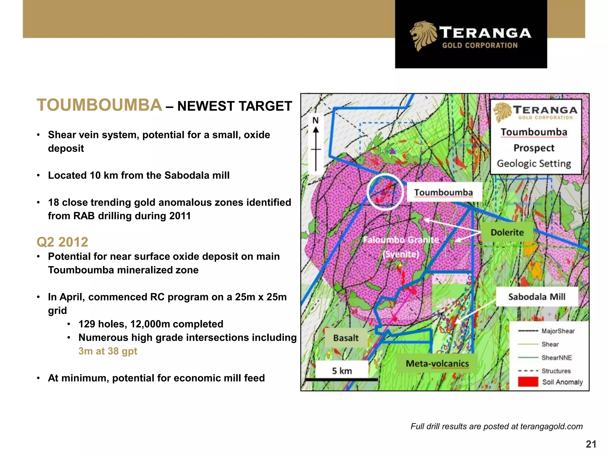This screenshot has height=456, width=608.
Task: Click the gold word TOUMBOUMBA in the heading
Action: (99, 105)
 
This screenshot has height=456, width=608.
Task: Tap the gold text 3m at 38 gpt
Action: (107, 351)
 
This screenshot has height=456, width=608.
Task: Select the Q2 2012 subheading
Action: (62, 242)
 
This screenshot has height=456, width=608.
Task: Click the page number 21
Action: (591, 444)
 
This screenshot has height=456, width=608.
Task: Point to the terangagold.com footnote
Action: (496, 427)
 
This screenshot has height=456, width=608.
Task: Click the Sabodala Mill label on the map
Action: (536, 297)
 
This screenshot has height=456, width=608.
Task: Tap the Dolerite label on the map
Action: (507, 232)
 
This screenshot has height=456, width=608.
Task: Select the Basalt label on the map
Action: (346, 338)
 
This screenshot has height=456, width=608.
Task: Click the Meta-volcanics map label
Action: (437, 363)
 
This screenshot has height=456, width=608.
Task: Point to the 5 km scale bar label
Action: (342, 371)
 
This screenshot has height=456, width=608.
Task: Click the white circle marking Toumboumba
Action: (385, 192)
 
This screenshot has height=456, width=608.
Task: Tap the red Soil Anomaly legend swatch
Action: (528, 382)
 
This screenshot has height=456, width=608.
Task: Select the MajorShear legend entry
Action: (558, 331)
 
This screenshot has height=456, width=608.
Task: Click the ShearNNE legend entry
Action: (556, 358)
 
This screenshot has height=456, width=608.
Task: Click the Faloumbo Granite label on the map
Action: (401, 240)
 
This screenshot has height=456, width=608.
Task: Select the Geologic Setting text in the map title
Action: (534, 164)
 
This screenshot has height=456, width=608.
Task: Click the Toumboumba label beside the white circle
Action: (443, 192)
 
